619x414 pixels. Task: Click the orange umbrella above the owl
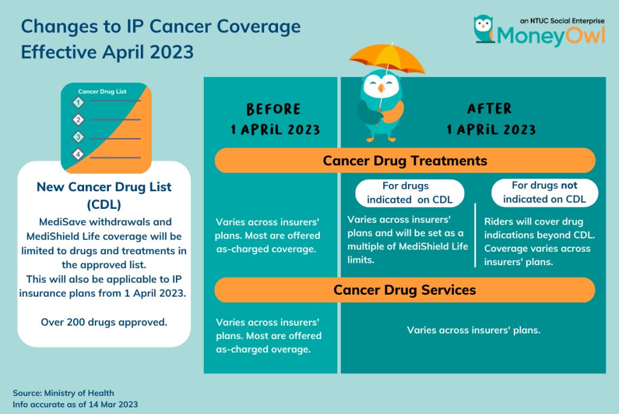(380, 57)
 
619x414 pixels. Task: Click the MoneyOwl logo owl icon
(483, 30)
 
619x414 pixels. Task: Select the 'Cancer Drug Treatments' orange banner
(405, 161)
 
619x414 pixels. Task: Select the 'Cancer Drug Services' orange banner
(405, 290)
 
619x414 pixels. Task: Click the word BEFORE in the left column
(274, 110)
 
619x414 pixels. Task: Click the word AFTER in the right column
(490, 109)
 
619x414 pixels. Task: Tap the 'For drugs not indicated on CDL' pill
(544, 192)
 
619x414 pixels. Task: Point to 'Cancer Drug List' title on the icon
(102, 91)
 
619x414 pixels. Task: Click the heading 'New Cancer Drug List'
(104, 187)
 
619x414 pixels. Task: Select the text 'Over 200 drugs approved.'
(104, 322)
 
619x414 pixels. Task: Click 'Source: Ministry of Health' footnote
(63, 393)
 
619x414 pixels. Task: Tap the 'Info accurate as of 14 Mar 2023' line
(76, 404)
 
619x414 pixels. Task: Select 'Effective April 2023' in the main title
(108, 51)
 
